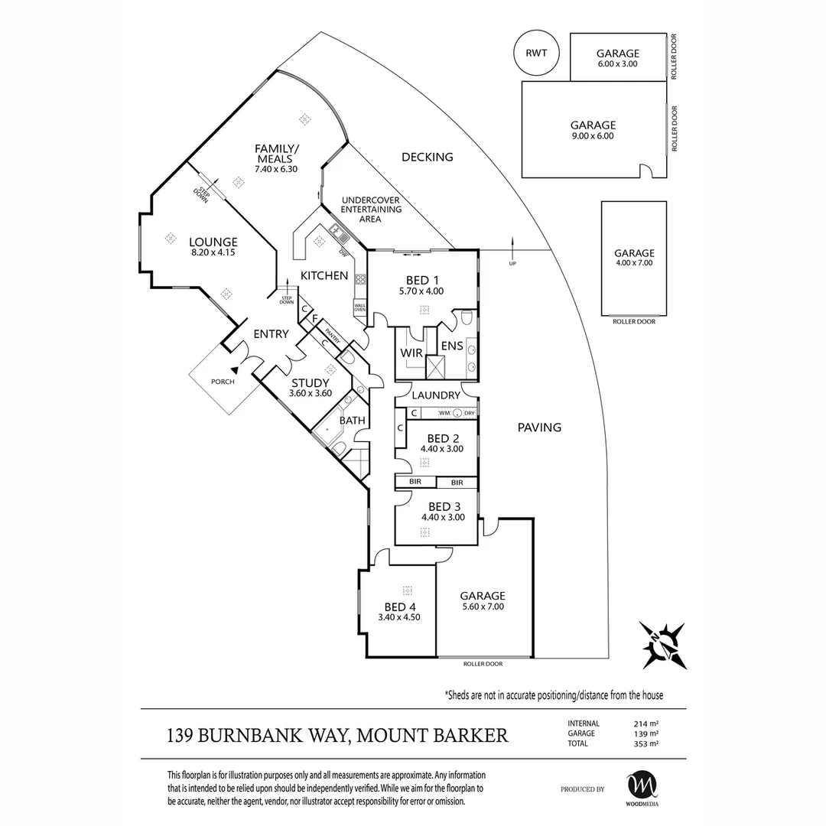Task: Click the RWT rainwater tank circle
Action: tap(536, 54)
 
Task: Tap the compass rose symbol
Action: tap(663, 645)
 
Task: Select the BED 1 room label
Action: tap(421, 280)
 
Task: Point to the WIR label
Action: tap(412, 353)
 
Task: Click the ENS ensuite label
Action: tap(451, 346)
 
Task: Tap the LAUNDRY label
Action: tap(436, 395)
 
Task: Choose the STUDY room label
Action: tap(311, 383)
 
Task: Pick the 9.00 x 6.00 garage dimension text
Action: tap(593, 136)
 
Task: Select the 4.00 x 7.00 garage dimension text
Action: tap(634, 263)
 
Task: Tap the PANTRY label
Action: tap(332, 333)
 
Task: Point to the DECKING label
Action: tap(428, 157)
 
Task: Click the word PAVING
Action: tap(540, 428)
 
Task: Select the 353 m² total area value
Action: tap(646, 743)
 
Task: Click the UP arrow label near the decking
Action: tap(512, 264)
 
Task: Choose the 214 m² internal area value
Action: tap(646, 723)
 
